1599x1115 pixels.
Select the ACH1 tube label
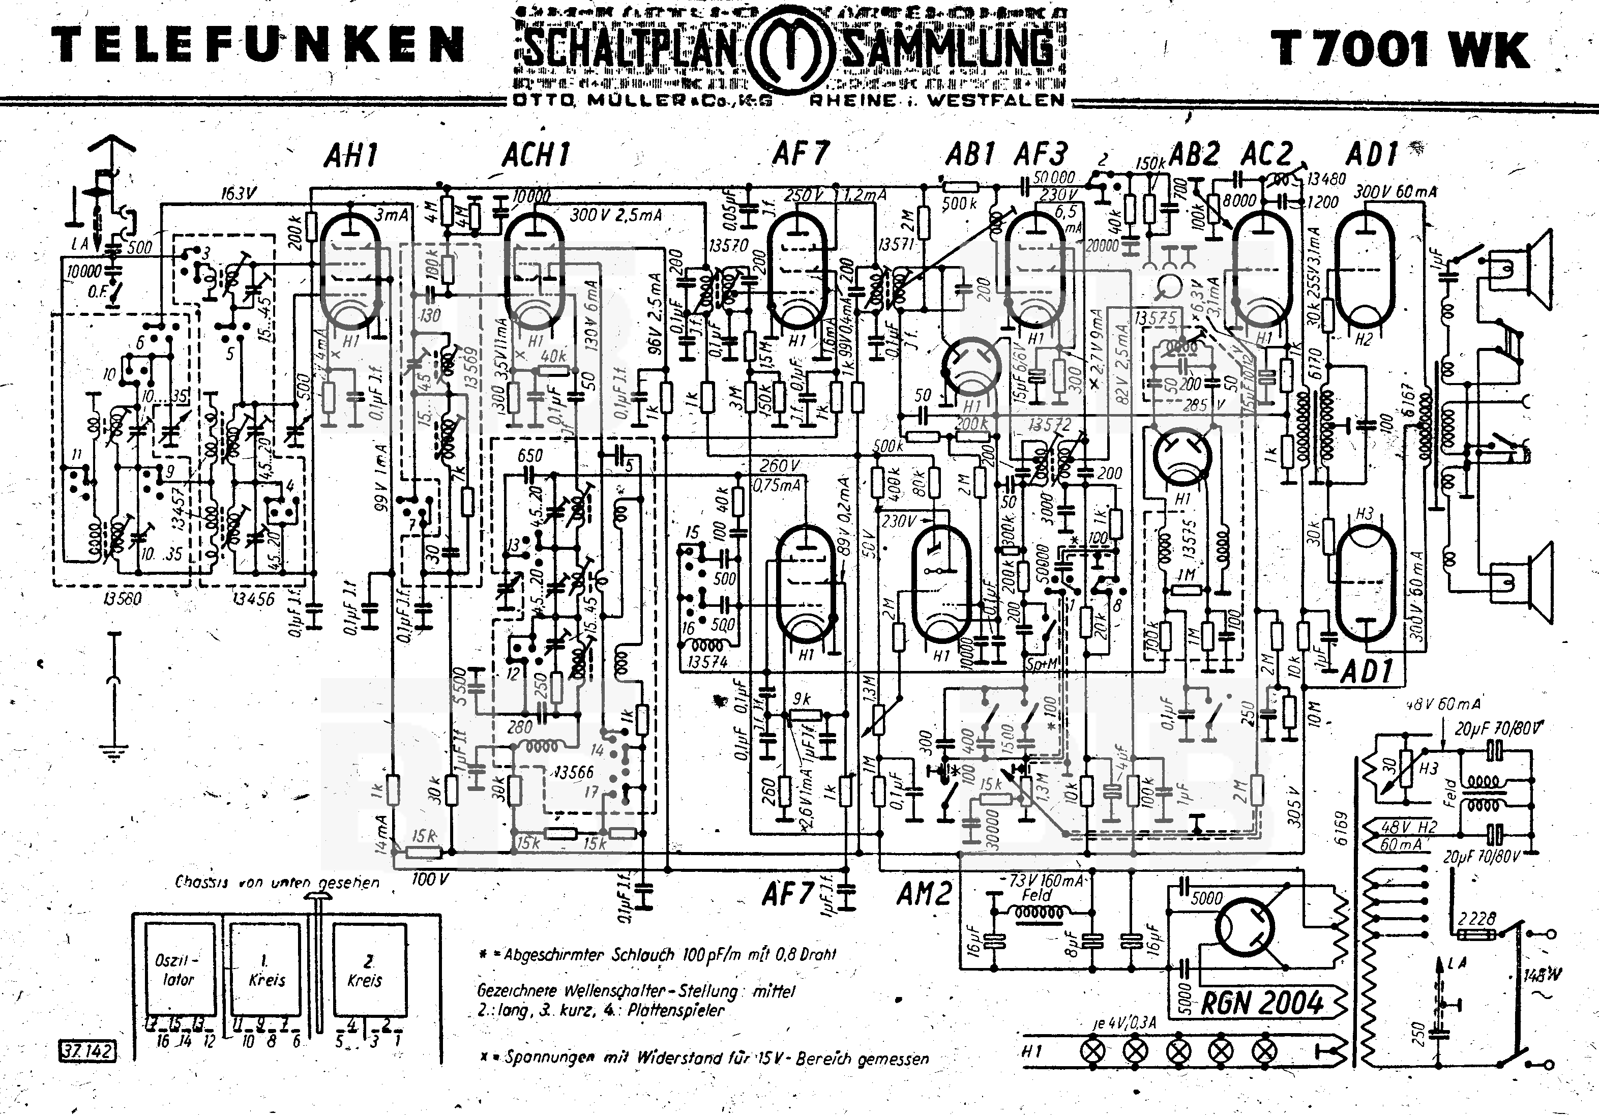(536, 155)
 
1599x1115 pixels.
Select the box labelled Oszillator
(179, 970)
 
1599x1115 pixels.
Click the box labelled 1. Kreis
(266, 970)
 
